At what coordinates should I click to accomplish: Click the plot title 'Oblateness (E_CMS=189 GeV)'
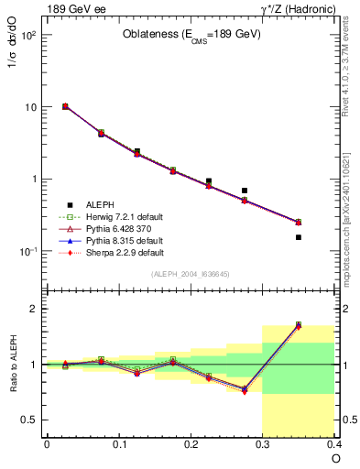[x=191, y=34]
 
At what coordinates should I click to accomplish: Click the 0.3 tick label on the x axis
[x=264, y=444]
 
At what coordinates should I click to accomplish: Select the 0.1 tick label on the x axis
[x=119, y=444]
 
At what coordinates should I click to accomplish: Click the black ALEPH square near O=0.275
[x=245, y=191]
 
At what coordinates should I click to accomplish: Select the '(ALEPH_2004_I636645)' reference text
[x=190, y=275]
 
